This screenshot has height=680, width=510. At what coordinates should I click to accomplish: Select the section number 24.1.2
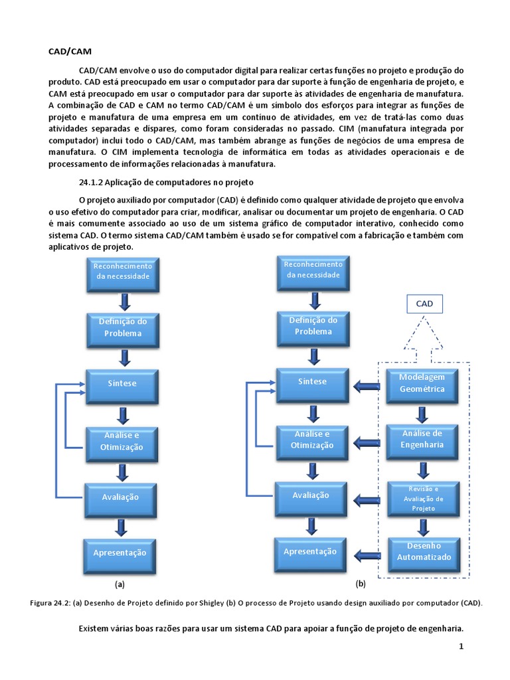pos(90,181)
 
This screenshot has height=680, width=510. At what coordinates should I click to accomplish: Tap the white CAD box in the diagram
pos(424,304)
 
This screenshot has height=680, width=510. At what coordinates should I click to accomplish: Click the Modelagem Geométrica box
pos(422,383)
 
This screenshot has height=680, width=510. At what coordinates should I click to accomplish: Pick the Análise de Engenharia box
pos(422,439)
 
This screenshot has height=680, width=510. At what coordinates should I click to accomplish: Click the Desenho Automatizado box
pos(423,551)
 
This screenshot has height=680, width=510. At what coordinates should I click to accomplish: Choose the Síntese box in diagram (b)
pos(312,382)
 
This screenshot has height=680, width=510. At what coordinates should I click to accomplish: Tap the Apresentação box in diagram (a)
pos(120,552)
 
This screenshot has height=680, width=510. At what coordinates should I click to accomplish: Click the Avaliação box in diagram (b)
pos(311,495)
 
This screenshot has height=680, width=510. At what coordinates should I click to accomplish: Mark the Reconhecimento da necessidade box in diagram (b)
pos(313,270)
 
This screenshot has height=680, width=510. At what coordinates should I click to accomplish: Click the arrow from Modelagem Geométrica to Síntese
pos(365,384)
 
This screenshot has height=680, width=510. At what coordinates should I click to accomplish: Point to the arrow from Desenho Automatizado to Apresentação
pos(365,552)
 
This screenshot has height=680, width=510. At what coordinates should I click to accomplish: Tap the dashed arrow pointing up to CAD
pos(424,339)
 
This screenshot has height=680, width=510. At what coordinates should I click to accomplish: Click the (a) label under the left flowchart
pos(120,584)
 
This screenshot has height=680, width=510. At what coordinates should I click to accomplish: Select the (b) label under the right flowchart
pos(361,584)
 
